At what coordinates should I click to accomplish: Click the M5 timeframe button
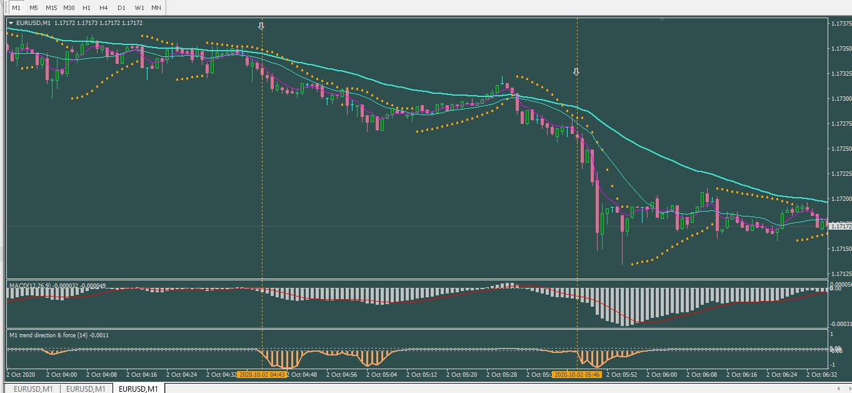click(33, 8)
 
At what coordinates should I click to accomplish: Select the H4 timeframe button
click(104, 8)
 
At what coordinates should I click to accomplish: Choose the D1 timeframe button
click(121, 8)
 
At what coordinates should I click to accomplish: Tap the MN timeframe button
click(156, 8)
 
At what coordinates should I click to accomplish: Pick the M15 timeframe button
click(51, 8)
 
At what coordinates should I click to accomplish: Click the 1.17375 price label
click(839, 24)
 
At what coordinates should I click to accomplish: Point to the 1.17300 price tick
click(839, 99)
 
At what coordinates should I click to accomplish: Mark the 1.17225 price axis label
click(839, 174)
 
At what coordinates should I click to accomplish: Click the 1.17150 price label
click(839, 249)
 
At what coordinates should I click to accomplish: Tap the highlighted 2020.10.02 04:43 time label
click(262, 375)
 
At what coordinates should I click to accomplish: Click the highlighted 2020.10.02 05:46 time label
click(576, 375)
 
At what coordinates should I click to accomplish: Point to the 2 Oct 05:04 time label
click(381, 375)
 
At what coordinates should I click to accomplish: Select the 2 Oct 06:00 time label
click(661, 375)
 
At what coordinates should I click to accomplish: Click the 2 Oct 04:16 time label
click(141, 375)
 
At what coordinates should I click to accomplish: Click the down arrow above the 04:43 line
click(261, 26)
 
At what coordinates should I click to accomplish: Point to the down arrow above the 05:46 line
click(576, 72)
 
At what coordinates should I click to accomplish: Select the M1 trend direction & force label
click(59, 335)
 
